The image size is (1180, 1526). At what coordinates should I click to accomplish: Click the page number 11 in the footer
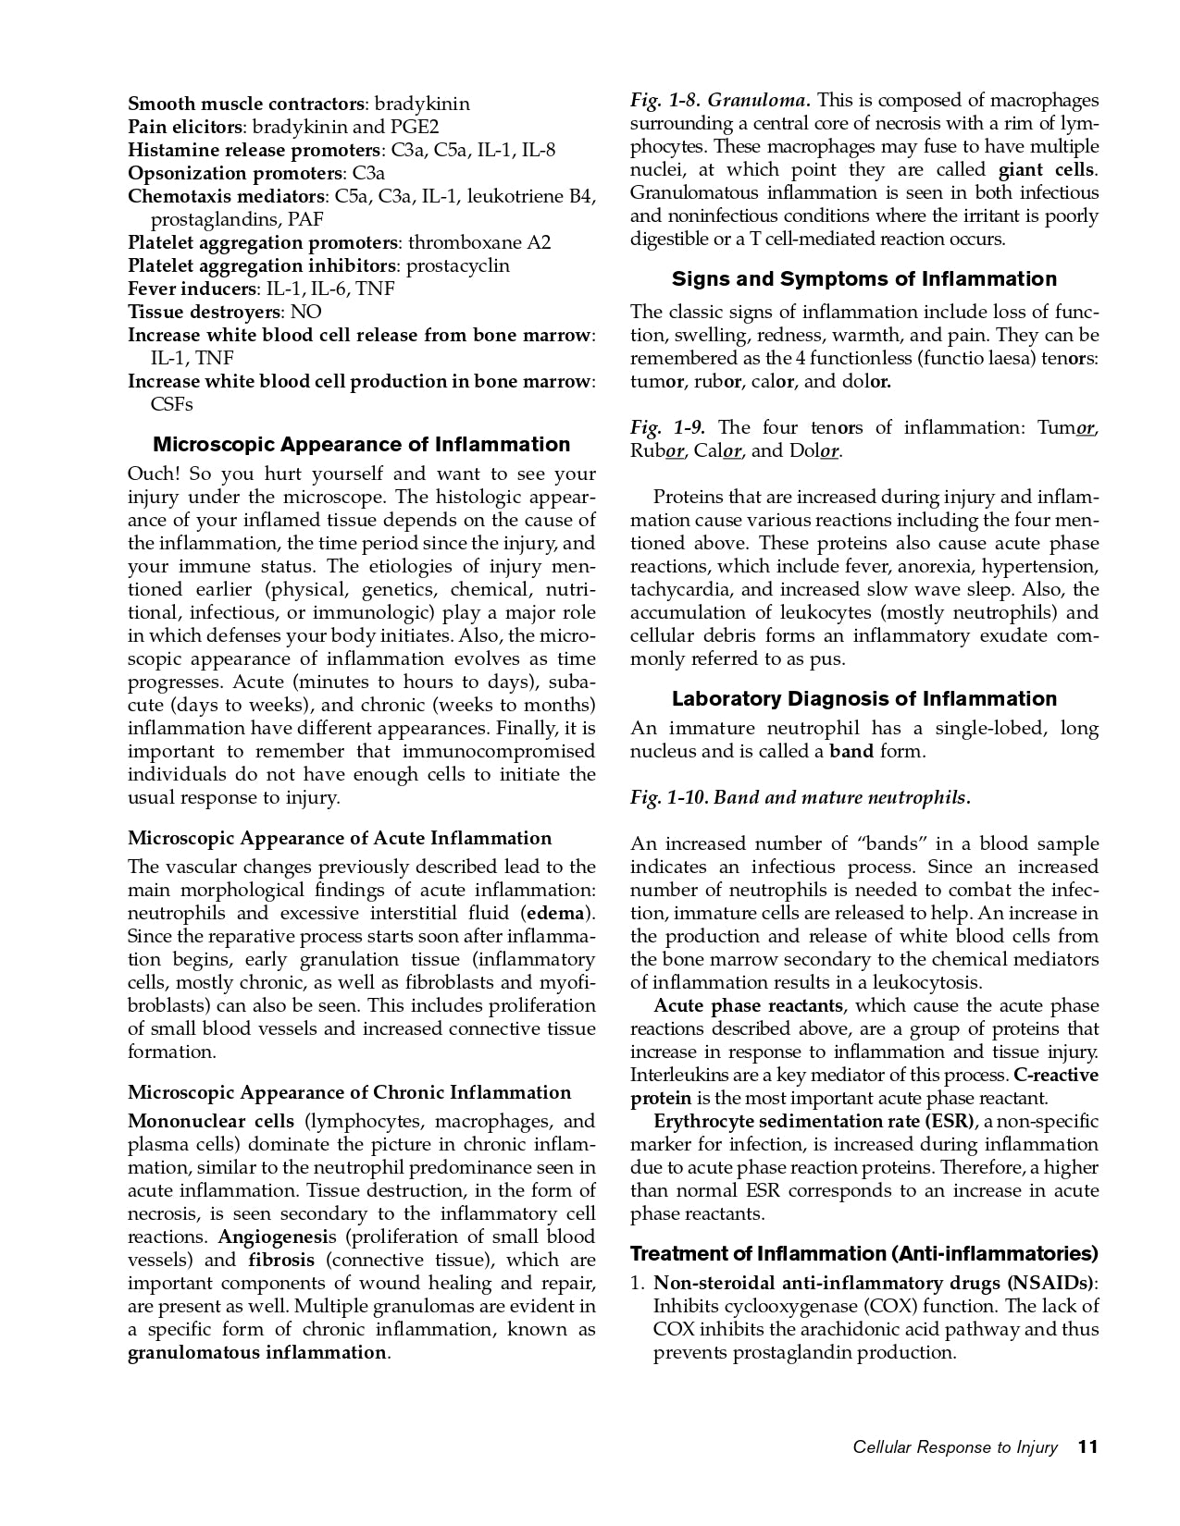pos(1087,1447)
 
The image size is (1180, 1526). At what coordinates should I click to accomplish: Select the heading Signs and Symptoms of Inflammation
pos(863,279)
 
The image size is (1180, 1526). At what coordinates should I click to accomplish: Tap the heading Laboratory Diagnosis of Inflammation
pos(863,699)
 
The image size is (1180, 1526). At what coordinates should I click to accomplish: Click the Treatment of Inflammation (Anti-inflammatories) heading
pos(863,1254)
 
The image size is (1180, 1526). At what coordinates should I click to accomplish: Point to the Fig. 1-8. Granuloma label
pos(720,100)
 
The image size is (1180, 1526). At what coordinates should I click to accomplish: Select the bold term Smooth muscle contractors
pos(245,104)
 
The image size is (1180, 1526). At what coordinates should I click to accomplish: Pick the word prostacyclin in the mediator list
pos(458,265)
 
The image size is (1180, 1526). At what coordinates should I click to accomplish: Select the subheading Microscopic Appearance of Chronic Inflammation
pos(349,1093)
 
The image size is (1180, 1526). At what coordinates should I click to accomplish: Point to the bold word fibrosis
pos(281,1261)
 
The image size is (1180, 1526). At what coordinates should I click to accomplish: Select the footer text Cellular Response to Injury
pos(954,1448)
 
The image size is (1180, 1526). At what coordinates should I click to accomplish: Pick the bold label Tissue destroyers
pos(204,312)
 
